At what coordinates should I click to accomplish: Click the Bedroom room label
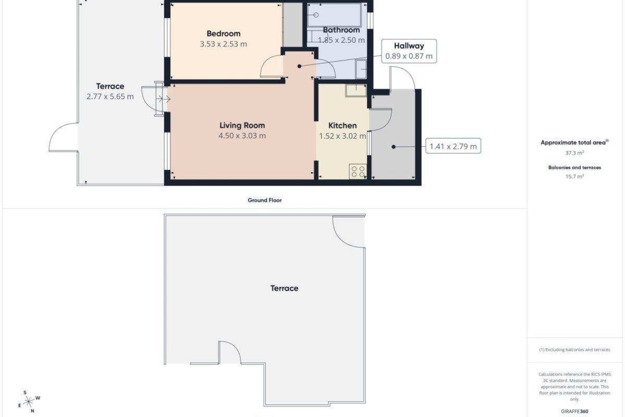pos(223,33)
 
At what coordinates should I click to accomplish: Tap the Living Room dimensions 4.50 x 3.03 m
pos(242,136)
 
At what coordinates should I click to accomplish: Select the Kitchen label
pos(342,126)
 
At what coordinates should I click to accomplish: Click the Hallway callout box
pos(409,51)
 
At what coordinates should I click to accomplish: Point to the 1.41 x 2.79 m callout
pos(453,146)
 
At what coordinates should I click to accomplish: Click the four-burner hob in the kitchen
pos(358,171)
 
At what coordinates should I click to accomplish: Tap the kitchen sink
pos(356,91)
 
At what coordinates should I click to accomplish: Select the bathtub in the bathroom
pos(334,15)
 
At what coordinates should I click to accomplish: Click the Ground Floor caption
pos(265,200)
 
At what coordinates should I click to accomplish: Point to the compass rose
pos(29,402)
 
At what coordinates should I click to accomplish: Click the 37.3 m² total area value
pos(574,153)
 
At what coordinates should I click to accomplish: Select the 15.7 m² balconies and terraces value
pos(574,177)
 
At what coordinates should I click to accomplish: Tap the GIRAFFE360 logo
pos(574,411)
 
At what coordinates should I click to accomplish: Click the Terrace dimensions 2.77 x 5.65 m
pos(110,96)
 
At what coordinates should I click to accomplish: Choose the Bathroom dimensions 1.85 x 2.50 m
pos(341,40)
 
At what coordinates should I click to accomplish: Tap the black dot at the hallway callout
pos(299,66)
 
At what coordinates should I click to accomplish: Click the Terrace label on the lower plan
pos(284,288)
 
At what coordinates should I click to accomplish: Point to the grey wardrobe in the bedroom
pos(293,25)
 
